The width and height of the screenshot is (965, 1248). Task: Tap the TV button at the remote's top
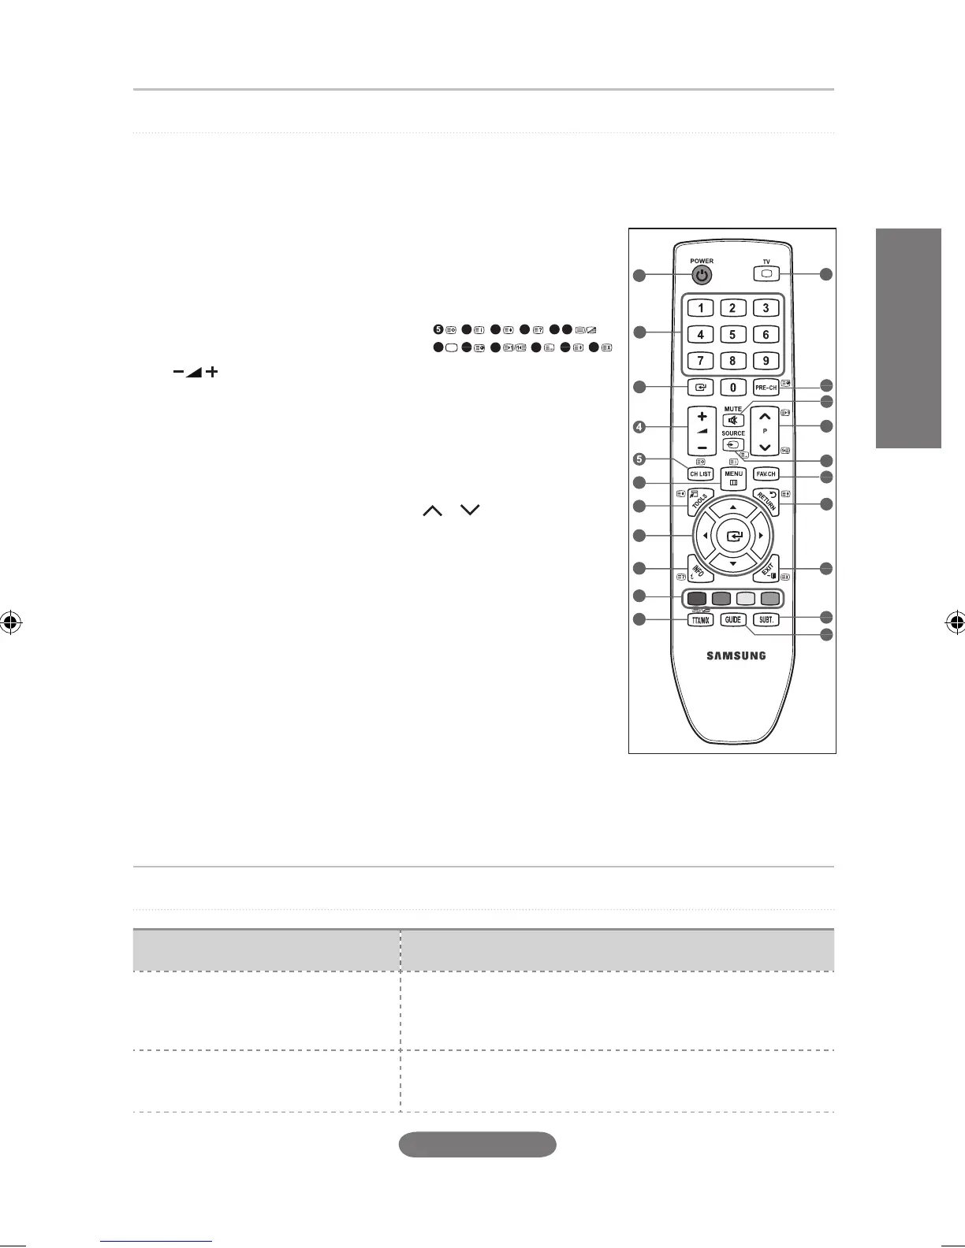coord(766,274)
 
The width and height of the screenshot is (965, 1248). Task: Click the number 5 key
coord(732,335)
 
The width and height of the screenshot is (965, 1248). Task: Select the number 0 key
coord(732,388)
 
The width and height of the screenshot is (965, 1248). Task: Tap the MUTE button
coord(733,421)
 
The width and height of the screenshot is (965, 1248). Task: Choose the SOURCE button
coord(733,444)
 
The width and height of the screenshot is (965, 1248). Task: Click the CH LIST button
coord(700,474)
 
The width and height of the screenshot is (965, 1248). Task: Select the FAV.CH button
coord(766,474)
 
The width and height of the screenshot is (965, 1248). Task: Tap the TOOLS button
coord(697,502)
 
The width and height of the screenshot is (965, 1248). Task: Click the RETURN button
coord(767,500)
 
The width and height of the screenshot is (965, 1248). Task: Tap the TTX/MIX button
coord(700,620)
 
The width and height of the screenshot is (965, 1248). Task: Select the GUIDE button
coord(733,620)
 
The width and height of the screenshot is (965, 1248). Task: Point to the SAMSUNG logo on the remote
coord(735,656)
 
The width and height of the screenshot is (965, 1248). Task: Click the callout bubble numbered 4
coord(639,428)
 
